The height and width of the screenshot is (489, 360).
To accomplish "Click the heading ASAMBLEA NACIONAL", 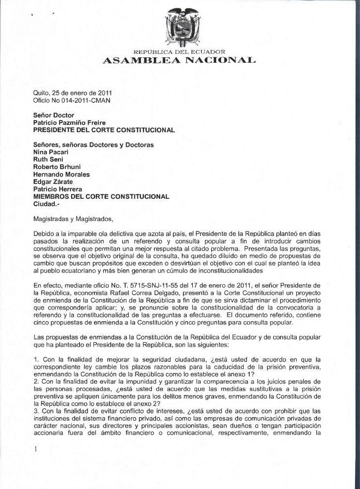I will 180,61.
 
